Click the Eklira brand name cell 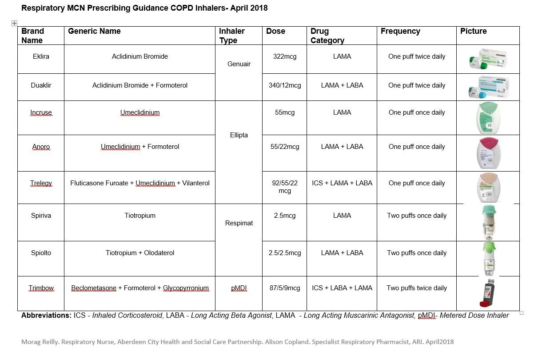tap(41, 56)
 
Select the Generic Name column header tap(94, 31)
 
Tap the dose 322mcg tap(285, 56)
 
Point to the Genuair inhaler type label tap(239, 64)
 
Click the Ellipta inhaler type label tap(239, 135)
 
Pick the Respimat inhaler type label tap(239, 223)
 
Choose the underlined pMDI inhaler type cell tap(239, 288)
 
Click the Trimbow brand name tap(41, 288)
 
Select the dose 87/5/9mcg tap(285, 288)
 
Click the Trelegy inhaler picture tap(488, 187)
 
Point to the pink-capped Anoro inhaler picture tap(488, 153)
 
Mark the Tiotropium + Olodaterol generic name tap(140, 253)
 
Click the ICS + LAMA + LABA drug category tap(342, 183)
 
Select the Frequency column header tap(400, 31)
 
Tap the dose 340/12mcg tap(285, 85)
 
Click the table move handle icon tap(14, 23)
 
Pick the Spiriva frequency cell tap(417, 216)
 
